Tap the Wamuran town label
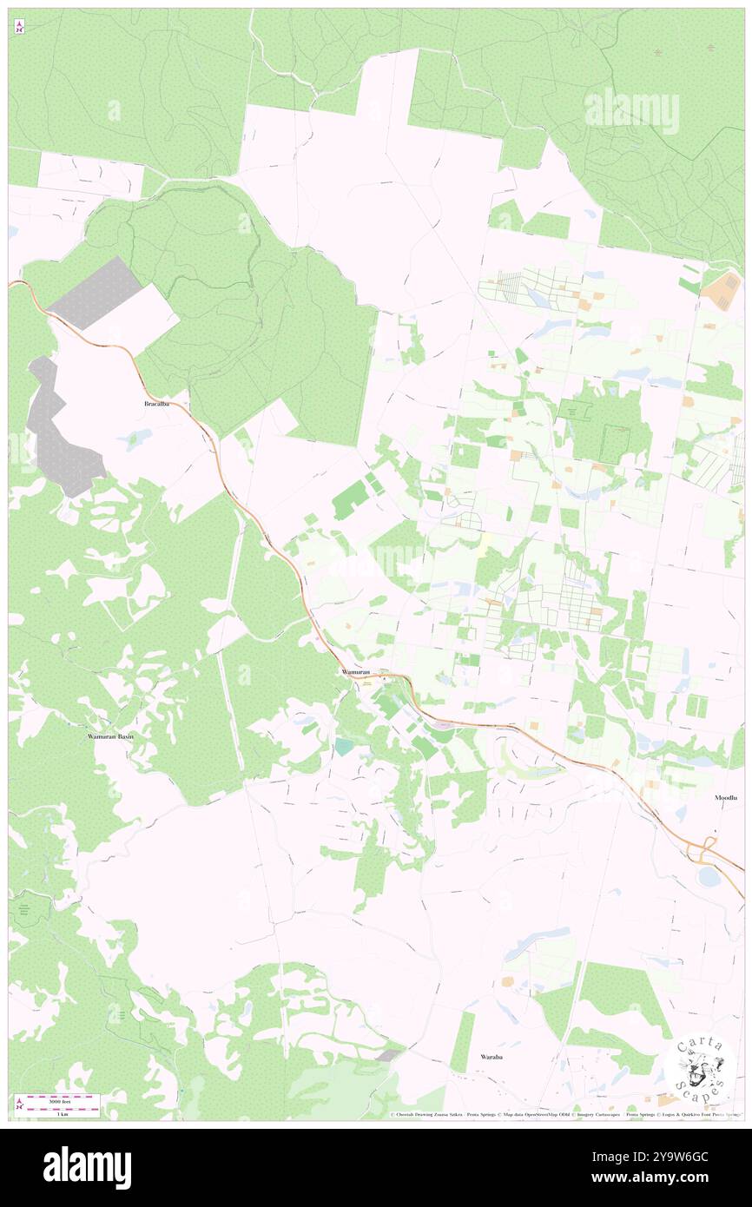(355, 672)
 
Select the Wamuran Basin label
(110, 736)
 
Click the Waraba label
(492, 1057)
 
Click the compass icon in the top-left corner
(19, 26)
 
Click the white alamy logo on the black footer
(87, 1168)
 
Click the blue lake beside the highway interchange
(709, 877)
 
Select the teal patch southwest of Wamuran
(345, 746)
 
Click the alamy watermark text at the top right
(631, 111)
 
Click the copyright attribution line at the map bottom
(564, 1114)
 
